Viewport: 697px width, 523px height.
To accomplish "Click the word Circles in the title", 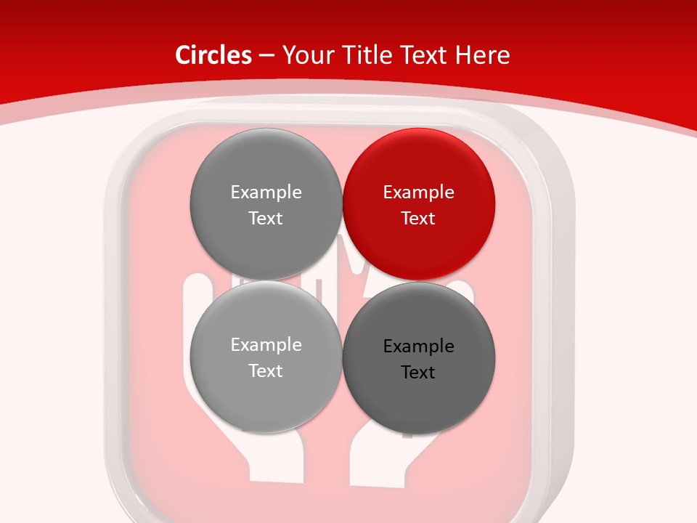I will point(213,55).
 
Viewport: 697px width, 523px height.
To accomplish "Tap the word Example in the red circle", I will point(418,192).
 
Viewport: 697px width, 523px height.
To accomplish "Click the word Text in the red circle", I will point(418,219).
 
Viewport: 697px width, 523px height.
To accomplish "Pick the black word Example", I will point(418,346).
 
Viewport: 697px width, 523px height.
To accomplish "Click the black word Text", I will point(418,373).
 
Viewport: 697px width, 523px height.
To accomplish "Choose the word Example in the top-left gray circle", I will point(266,192).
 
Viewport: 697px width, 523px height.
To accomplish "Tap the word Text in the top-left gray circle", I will point(266,219).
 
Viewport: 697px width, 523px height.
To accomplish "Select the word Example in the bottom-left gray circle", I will point(266,345).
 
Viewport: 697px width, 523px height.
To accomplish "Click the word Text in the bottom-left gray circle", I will point(266,371).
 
